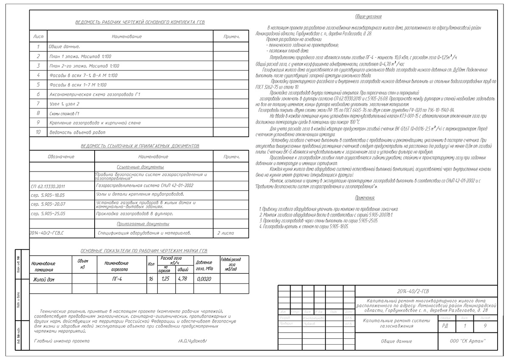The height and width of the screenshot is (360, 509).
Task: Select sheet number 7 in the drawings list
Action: coord(38,104)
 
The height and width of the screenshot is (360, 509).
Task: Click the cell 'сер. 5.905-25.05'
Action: coord(48,214)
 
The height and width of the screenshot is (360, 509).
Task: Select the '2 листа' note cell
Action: coord(226,233)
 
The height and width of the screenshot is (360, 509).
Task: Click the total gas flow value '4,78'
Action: coord(183,279)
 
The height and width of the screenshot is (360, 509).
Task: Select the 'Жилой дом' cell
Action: coord(44,279)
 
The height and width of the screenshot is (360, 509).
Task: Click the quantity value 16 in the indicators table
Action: coord(151,279)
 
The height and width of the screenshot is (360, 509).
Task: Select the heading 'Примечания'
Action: coord(365,198)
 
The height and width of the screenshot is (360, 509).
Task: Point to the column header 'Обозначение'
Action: coord(61,157)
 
